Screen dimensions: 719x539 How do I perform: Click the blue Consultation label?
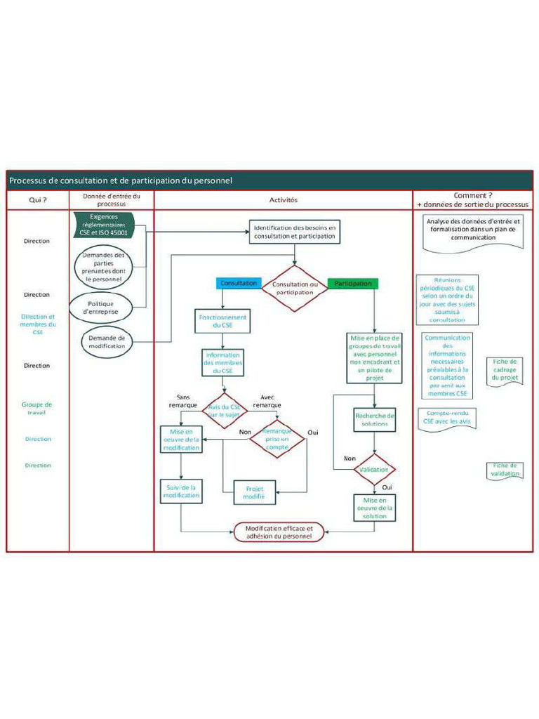(238, 284)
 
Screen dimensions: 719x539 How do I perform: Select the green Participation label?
(353, 284)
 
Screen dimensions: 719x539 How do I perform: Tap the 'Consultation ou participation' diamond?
(295, 288)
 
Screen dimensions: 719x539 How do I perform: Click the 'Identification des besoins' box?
(295, 232)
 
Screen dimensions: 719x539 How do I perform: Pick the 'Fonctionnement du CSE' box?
(222, 321)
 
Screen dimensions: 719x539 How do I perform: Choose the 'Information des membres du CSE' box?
(222, 362)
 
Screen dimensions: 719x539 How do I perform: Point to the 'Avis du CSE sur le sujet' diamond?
(224, 410)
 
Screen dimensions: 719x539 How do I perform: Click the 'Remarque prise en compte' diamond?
(277, 438)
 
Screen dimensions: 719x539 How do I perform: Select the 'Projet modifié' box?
(254, 492)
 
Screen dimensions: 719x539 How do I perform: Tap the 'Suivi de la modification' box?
(182, 490)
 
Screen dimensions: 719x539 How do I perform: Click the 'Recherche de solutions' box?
(375, 421)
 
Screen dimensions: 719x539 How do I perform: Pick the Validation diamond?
(375, 469)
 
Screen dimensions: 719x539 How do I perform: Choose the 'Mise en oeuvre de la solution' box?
(375, 507)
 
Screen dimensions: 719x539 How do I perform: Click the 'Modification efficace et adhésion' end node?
(279, 532)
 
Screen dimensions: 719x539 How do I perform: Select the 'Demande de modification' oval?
(107, 341)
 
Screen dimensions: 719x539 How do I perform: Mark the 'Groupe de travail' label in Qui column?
(37, 408)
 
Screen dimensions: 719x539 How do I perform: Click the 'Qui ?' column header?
(37, 199)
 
